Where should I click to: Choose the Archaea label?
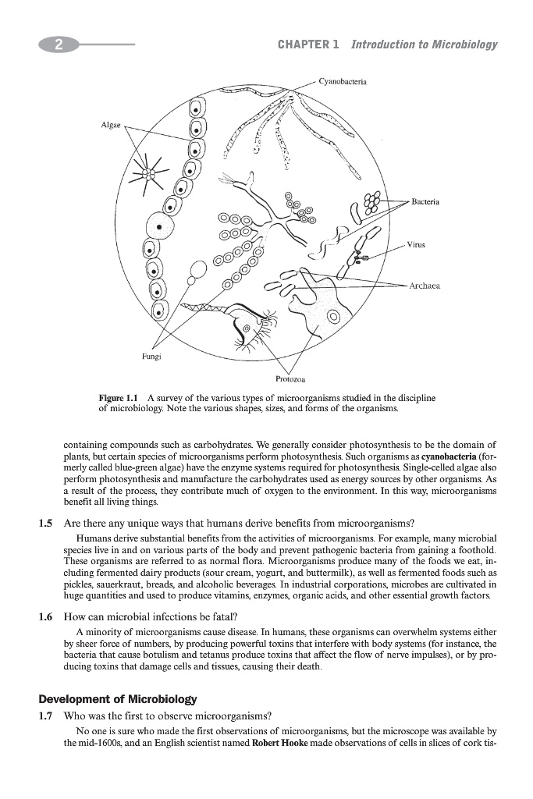click(x=426, y=286)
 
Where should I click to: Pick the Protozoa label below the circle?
click(x=290, y=379)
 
